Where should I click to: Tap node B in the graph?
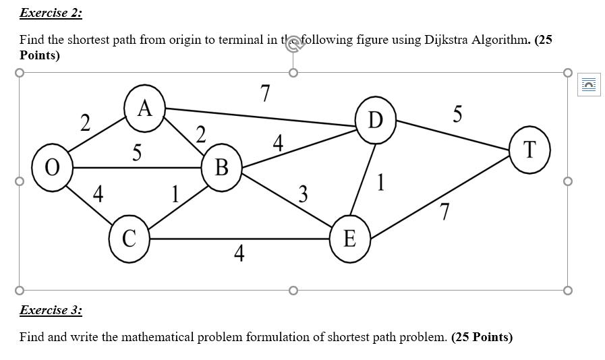221,166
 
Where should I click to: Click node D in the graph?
376,121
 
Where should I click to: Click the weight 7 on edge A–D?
265,93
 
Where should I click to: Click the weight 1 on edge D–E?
382,182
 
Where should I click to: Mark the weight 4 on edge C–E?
239,254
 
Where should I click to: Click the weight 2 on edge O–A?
84,123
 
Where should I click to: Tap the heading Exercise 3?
51,310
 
